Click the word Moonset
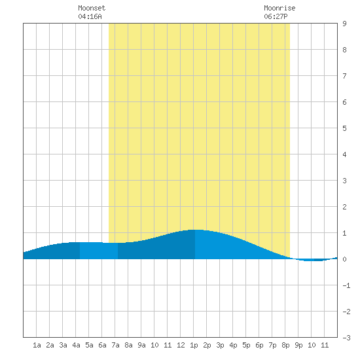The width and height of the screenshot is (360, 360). pyautogui.click(x=92, y=8)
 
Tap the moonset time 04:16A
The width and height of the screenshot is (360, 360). pyautogui.click(x=90, y=16)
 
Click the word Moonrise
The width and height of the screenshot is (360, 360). pyautogui.click(x=279, y=8)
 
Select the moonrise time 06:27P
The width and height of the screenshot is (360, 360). pyautogui.click(x=276, y=16)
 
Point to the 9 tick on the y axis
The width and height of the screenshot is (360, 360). pyautogui.click(x=344, y=24)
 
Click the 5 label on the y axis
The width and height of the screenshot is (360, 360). pyautogui.click(x=344, y=128)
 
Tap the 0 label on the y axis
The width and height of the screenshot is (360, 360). pyautogui.click(x=344, y=259)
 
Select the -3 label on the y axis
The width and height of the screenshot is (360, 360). pyautogui.click(x=346, y=338)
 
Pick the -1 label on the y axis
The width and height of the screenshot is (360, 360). pyautogui.click(x=346, y=285)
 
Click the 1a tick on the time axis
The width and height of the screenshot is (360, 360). pyautogui.click(x=37, y=345)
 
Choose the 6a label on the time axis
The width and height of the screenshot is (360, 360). pyautogui.click(x=102, y=345)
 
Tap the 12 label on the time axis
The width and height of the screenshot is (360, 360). pyautogui.click(x=181, y=345)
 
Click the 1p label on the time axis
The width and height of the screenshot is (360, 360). pyautogui.click(x=194, y=345)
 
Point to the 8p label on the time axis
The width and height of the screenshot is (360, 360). pyautogui.click(x=285, y=345)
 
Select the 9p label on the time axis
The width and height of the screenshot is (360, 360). pyautogui.click(x=298, y=345)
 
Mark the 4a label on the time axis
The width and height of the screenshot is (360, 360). pyautogui.click(x=76, y=345)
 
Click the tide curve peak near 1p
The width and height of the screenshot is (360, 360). pyautogui.click(x=195, y=230)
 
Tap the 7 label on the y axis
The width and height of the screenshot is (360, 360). pyautogui.click(x=344, y=76)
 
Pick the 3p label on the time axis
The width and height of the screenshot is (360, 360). pyautogui.click(x=220, y=345)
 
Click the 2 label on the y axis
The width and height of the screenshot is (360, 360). pyautogui.click(x=344, y=207)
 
